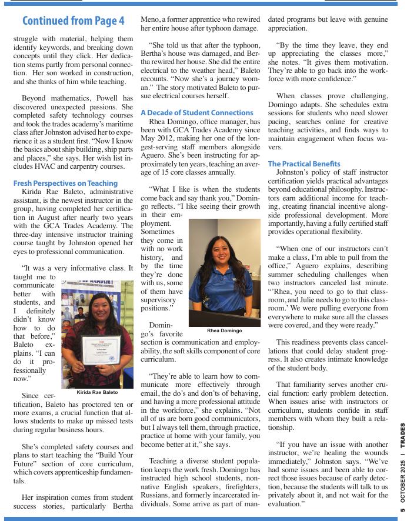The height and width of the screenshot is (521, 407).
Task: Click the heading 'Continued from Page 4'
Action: coord(73,21)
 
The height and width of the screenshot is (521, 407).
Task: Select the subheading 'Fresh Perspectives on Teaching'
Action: coord(65,183)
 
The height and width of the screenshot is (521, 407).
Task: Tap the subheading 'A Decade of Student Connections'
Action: coord(197,112)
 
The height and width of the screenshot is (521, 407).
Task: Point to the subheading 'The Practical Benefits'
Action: coord(304,163)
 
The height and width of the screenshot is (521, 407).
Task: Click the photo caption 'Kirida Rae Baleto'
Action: coord(97,392)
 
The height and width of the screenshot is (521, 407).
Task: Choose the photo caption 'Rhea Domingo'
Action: coord(224,330)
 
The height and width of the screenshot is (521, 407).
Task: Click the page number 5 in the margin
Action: coord(402,512)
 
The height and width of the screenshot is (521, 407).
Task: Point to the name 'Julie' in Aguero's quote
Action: coord(322,299)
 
